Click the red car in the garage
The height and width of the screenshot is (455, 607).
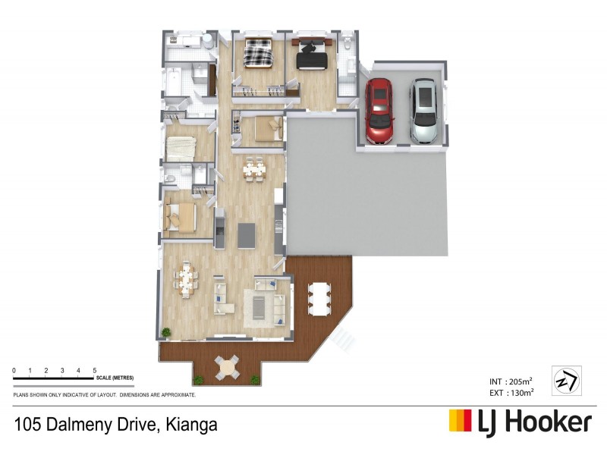coord(379,111)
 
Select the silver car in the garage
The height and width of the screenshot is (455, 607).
coord(423,111)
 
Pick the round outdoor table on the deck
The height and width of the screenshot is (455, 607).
coord(228,368)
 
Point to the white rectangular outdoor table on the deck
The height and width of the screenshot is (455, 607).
coord(319,297)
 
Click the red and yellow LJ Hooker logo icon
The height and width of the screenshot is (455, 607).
coord(461,421)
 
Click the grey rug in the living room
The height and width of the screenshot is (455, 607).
coord(259,306)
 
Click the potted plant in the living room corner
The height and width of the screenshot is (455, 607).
coord(165,332)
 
